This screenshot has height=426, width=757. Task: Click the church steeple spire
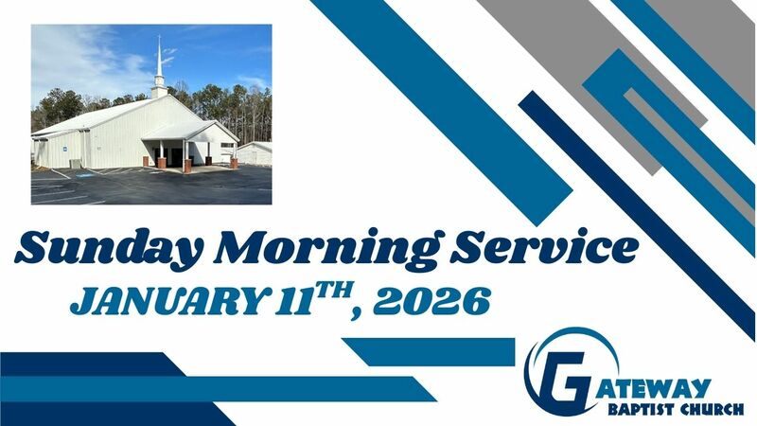click(159, 62)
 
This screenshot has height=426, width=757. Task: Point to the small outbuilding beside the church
click(254, 152)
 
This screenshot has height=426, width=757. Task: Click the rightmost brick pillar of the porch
click(233, 162)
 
